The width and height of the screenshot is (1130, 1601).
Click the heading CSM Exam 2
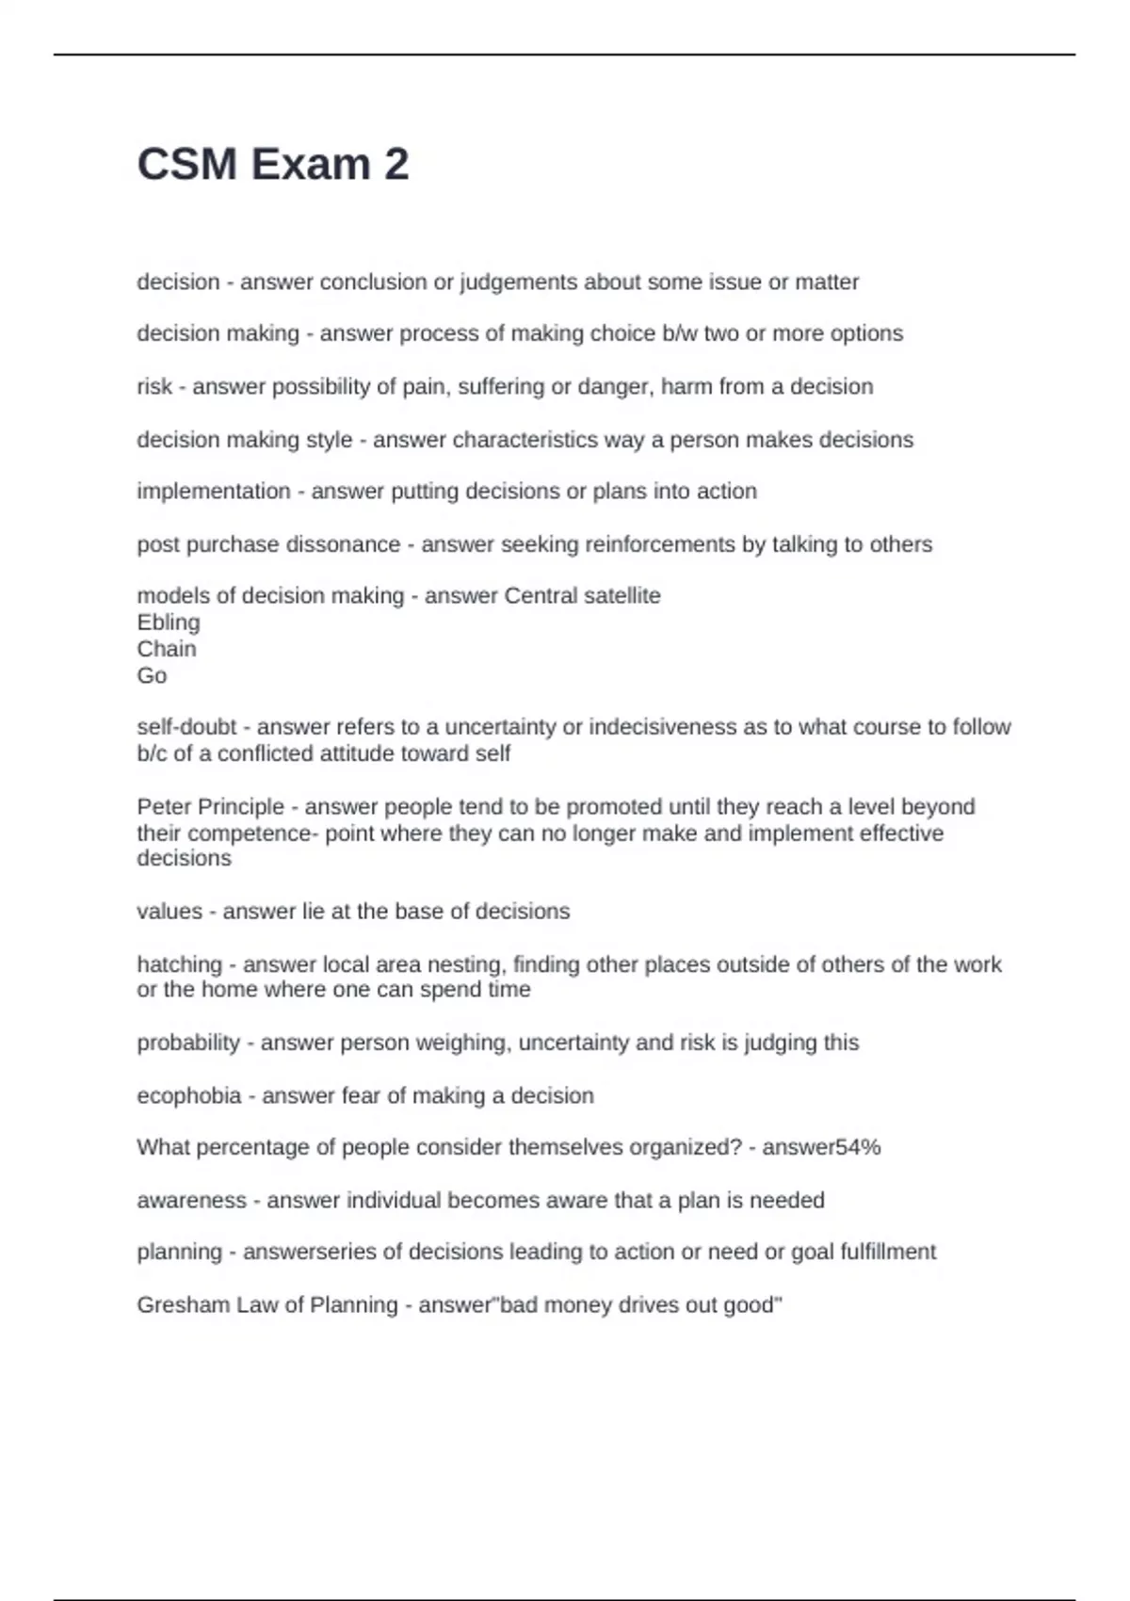pyautogui.click(x=273, y=165)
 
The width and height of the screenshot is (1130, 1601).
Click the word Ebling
pyautogui.click(x=169, y=623)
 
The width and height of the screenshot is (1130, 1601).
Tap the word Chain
pyautogui.click(x=167, y=649)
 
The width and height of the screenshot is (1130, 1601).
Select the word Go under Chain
pyautogui.click(x=152, y=675)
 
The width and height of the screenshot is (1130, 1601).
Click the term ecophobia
pyautogui.click(x=189, y=1095)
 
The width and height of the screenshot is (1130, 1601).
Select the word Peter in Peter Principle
pyautogui.click(x=163, y=807)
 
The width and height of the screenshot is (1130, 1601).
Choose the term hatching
pyautogui.click(x=179, y=964)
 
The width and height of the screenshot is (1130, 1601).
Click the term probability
pyautogui.click(x=188, y=1043)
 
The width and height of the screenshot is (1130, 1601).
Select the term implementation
pyautogui.click(x=214, y=492)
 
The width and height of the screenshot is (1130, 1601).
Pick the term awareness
pyautogui.click(x=191, y=1200)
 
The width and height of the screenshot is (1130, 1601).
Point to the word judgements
pyautogui.click(x=518, y=283)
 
